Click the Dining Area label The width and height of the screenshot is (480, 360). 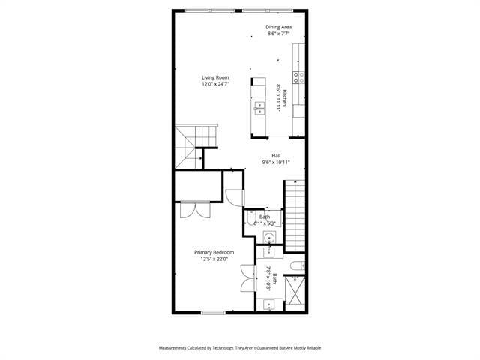coord(278,27)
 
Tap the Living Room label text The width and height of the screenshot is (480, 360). coord(215,77)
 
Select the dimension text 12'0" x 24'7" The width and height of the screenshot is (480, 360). coord(215,84)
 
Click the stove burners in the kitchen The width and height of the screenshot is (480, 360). coord(298,75)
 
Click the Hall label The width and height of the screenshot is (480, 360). coord(276,156)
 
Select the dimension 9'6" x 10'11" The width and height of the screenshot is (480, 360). coord(276,162)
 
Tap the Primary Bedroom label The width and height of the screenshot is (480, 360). coord(214,252)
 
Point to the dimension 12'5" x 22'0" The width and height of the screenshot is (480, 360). coord(214,259)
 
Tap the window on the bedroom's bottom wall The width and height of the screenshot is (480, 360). coord(213,312)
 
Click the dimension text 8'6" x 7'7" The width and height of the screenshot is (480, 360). coord(279,34)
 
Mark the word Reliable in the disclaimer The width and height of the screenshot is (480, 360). coord(312,348)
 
